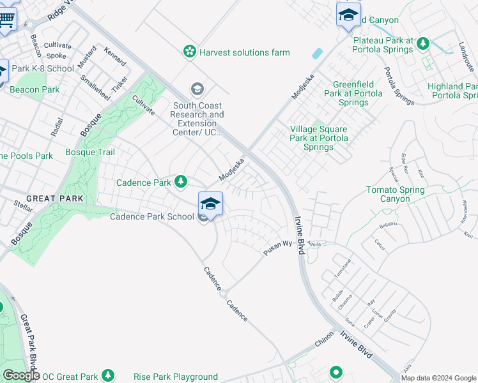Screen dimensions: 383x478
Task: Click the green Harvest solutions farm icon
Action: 189,52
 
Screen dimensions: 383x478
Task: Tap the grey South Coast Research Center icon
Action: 197,88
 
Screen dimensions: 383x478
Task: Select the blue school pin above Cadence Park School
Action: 210,204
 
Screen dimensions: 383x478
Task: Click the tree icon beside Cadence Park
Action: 181,183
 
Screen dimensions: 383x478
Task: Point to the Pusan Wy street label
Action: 278,248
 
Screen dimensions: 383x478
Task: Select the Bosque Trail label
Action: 90,153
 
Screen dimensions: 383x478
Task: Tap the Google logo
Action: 21,375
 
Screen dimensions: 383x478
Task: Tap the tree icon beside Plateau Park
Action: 422,43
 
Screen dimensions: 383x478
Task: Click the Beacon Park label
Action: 35,90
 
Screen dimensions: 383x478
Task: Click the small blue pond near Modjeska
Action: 318,54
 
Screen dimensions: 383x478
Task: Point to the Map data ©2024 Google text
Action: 438,378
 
